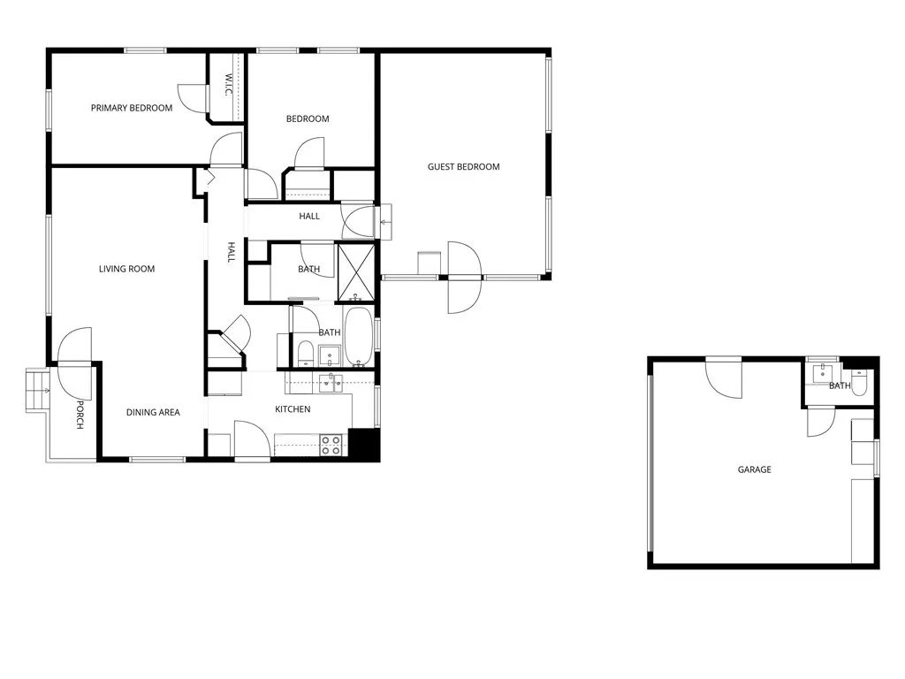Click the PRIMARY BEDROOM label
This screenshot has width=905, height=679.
coord(132,108)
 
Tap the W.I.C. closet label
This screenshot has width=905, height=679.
coord(228,86)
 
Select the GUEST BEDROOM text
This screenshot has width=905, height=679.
coord(463,166)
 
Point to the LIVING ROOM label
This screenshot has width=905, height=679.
coord(126,269)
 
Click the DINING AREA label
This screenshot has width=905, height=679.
coord(153,412)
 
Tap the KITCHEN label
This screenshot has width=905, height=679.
coord(293,409)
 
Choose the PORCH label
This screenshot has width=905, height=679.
coord(80,415)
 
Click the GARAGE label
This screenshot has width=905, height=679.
coord(754,469)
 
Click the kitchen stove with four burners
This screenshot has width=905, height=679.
coord(331,445)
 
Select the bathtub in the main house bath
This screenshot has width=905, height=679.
coord(359,337)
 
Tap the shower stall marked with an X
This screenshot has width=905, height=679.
coord(357,272)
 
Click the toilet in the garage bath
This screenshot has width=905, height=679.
coord(860,381)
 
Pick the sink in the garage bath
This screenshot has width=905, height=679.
coord(823,372)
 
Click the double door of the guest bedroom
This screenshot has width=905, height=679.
coord(463,277)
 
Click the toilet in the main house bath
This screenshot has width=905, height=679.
coord(305,354)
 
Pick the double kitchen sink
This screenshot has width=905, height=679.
coord(331,381)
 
